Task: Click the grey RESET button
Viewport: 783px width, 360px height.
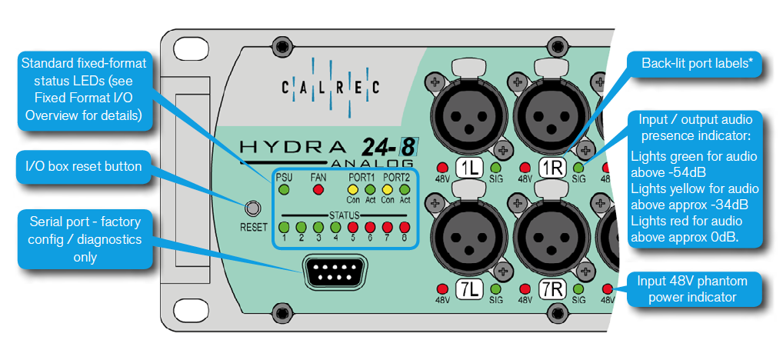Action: pos(254,208)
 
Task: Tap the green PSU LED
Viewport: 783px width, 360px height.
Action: pos(284,189)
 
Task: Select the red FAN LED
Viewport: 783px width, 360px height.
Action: pos(318,189)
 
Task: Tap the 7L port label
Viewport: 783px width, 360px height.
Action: pos(469,289)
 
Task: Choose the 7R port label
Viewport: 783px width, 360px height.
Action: pos(551,289)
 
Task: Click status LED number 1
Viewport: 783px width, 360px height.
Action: pos(284,227)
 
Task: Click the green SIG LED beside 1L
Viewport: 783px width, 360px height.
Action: pos(496,167)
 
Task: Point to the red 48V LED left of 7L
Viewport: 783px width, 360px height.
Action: pos(442,288)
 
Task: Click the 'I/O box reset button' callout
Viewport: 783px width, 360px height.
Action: pos(85,167)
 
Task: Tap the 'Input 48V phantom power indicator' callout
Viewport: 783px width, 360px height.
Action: pos(695,289)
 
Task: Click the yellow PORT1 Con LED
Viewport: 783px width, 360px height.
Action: pos(353,189)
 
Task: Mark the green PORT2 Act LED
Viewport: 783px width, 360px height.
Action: pos(405,189)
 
